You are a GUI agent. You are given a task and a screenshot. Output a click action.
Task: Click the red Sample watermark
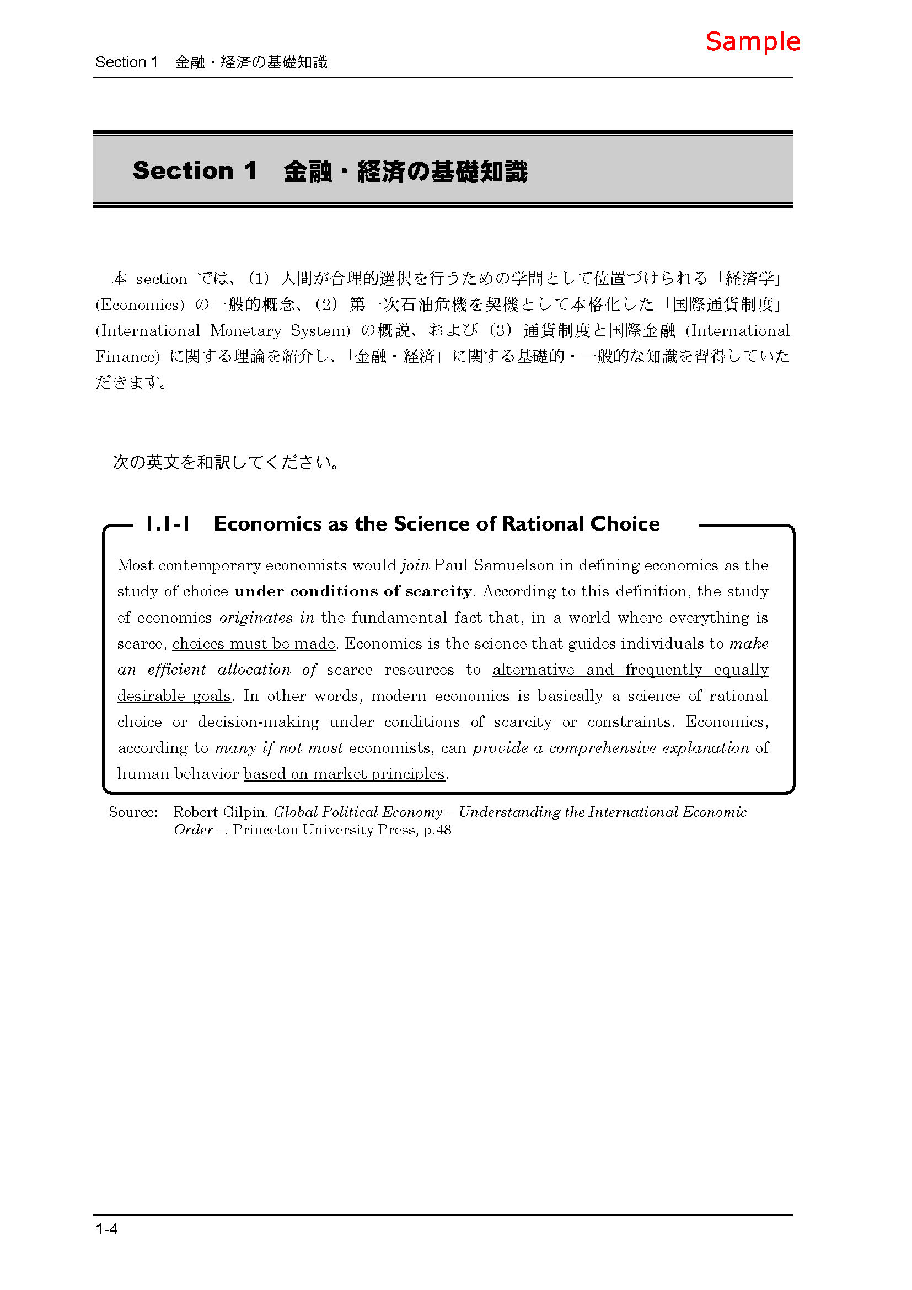point(752,42)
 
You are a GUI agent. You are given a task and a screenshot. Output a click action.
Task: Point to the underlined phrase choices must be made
point(253,644)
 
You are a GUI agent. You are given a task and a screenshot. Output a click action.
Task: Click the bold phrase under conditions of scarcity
point(353,591)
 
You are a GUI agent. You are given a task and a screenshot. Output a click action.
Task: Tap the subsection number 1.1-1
point(168,523)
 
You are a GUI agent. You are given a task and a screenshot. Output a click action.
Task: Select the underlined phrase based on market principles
point(344,774)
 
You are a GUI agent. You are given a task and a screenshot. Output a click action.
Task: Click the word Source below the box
point(133,812)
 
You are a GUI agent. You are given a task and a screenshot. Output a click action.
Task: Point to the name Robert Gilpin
point(219,812)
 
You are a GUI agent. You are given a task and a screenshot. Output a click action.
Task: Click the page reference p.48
point(437,831)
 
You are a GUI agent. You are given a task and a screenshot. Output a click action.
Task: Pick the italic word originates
point(255,618)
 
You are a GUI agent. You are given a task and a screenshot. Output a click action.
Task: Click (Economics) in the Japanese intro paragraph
point(140,305)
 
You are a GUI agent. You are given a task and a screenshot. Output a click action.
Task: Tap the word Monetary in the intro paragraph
point(245,331)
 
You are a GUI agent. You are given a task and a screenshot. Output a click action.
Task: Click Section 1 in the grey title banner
point(194,171)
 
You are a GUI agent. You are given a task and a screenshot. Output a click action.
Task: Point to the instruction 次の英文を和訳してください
point(226,462)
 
